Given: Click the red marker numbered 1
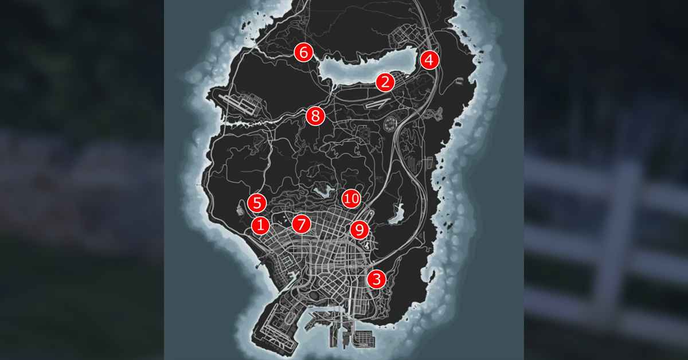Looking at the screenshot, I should [x=260, y=225].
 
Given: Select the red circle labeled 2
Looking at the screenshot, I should [x=385, y=82].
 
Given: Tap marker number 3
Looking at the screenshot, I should [x=376, y=280].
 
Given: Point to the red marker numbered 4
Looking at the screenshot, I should [x=429, y=60].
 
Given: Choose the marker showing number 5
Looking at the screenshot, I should [x=257, y=202].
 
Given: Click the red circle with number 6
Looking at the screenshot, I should [x=303, y=53].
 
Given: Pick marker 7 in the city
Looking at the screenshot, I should [x=301, y=224].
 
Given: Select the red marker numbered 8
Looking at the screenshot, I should [x=315, y=116].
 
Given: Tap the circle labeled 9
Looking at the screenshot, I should [x=359, y=230].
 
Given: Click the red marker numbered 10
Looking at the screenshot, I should [x=351, y=199].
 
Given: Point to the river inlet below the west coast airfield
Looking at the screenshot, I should [x=241, y=123].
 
